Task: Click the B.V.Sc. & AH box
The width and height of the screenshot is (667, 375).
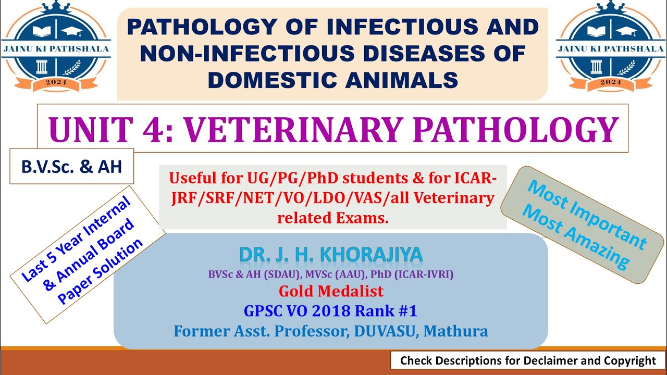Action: (x=71, y=166)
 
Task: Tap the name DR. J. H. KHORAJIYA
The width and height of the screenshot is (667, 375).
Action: (x=331, y=255)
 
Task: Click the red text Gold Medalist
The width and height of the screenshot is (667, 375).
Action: (x=331, y=291)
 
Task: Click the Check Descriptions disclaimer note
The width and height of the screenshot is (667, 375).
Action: (x=528, y=360)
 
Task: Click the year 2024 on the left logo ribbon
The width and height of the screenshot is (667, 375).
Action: (x=56, y=82)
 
